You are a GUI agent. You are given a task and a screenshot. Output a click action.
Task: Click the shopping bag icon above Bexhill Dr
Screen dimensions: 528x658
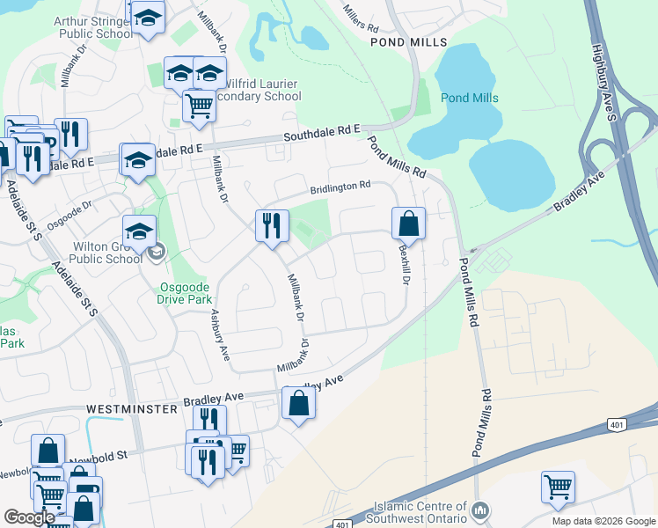click(x=409, y=224)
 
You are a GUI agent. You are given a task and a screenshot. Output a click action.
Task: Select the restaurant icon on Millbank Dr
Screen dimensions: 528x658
click(x=272, y=225)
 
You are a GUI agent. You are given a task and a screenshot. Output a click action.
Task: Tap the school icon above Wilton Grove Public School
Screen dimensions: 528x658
click(x=139, y=232)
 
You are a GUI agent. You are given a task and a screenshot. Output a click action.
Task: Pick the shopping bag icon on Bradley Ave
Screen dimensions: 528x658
click(x=298, y=404)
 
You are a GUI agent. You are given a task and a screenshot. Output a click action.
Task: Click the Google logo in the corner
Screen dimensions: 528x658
click(x=29, y=517)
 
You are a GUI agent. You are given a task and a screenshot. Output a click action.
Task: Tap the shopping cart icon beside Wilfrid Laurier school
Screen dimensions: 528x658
click(x=199, y=106)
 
